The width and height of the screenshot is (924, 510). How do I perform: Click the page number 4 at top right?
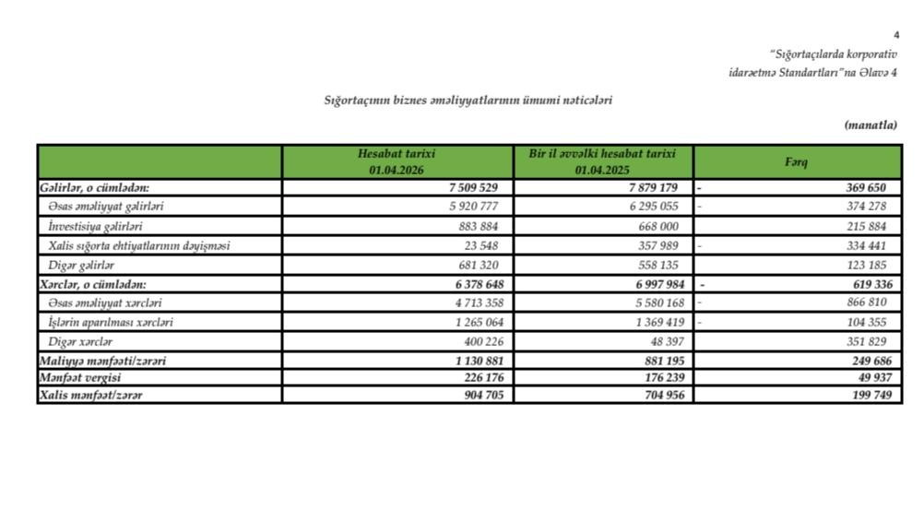point(896,34)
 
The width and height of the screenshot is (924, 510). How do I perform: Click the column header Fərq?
point(797,162)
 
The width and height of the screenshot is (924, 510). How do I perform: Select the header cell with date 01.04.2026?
point(397,162)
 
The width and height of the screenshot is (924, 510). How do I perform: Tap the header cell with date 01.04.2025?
point(602,162)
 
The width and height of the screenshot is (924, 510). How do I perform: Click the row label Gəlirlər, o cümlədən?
point(94,187)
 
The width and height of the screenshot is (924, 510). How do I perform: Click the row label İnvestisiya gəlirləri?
point(95,226)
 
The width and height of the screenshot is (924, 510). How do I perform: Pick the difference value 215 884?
point(871,226)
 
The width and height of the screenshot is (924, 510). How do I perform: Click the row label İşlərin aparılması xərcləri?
point(111,323)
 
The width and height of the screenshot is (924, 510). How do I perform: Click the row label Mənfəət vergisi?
point(80,378)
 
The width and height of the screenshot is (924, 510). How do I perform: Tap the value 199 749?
point(871,395)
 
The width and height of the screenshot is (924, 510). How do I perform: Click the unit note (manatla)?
point(870,125)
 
